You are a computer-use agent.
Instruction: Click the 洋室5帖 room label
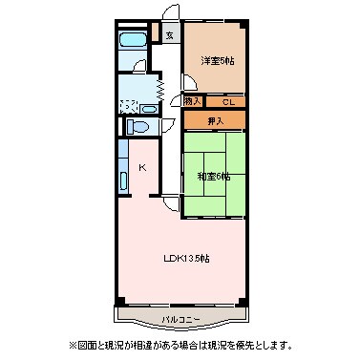[217, 60]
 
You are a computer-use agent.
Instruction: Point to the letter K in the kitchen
[142, 170]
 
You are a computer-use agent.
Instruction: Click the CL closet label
[227, 101]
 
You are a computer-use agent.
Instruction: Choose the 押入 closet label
[215, 120]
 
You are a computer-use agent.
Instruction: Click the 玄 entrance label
[169, 36]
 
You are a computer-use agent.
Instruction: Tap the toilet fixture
[137, 125]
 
